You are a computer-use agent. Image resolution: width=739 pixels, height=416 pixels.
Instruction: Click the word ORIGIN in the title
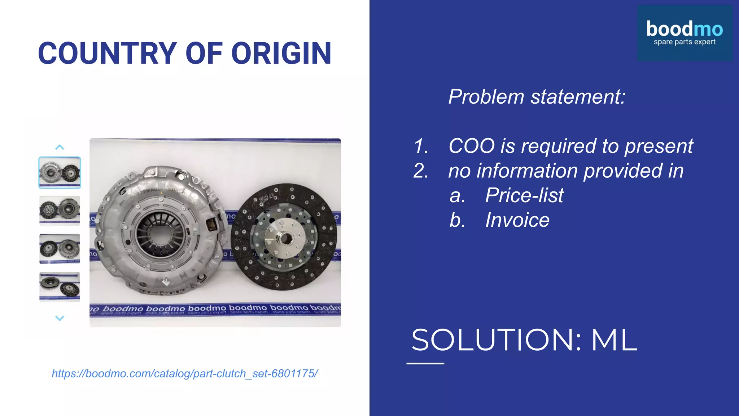coord(281,53)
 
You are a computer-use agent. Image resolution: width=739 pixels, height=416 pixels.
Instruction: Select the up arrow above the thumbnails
coord(60,147)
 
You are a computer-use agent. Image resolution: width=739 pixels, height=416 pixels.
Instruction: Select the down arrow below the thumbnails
coord(60,318)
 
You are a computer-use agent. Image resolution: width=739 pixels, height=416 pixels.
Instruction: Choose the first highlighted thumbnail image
coord(60,173)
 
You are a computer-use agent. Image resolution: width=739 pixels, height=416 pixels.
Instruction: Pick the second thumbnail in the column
coord(60,211)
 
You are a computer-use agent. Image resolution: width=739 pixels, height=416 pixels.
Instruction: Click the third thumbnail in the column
coord(60,249)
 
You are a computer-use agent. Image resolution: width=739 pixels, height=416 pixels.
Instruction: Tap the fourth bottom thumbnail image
coord(60,287)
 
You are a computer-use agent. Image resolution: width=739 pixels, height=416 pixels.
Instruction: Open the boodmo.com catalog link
coord(185,373)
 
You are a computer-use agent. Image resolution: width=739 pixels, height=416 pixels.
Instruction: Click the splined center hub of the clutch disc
coord(285,238)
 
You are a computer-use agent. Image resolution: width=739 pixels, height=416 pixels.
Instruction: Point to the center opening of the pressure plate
coord(160,233)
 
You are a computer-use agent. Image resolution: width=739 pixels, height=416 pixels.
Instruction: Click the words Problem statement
coord(537,97)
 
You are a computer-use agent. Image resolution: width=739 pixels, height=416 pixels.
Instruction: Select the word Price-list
coord(524,195)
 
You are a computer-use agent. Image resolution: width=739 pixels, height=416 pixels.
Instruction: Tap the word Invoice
coord(517,220)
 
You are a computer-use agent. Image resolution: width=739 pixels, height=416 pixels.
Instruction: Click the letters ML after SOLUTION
coord(614,340)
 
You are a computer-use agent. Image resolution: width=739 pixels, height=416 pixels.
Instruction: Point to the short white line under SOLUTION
coord(425,363)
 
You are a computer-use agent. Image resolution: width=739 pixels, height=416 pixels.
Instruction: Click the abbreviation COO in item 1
coord(472,146)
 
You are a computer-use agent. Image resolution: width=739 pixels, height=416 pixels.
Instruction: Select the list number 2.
coord(421,171)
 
